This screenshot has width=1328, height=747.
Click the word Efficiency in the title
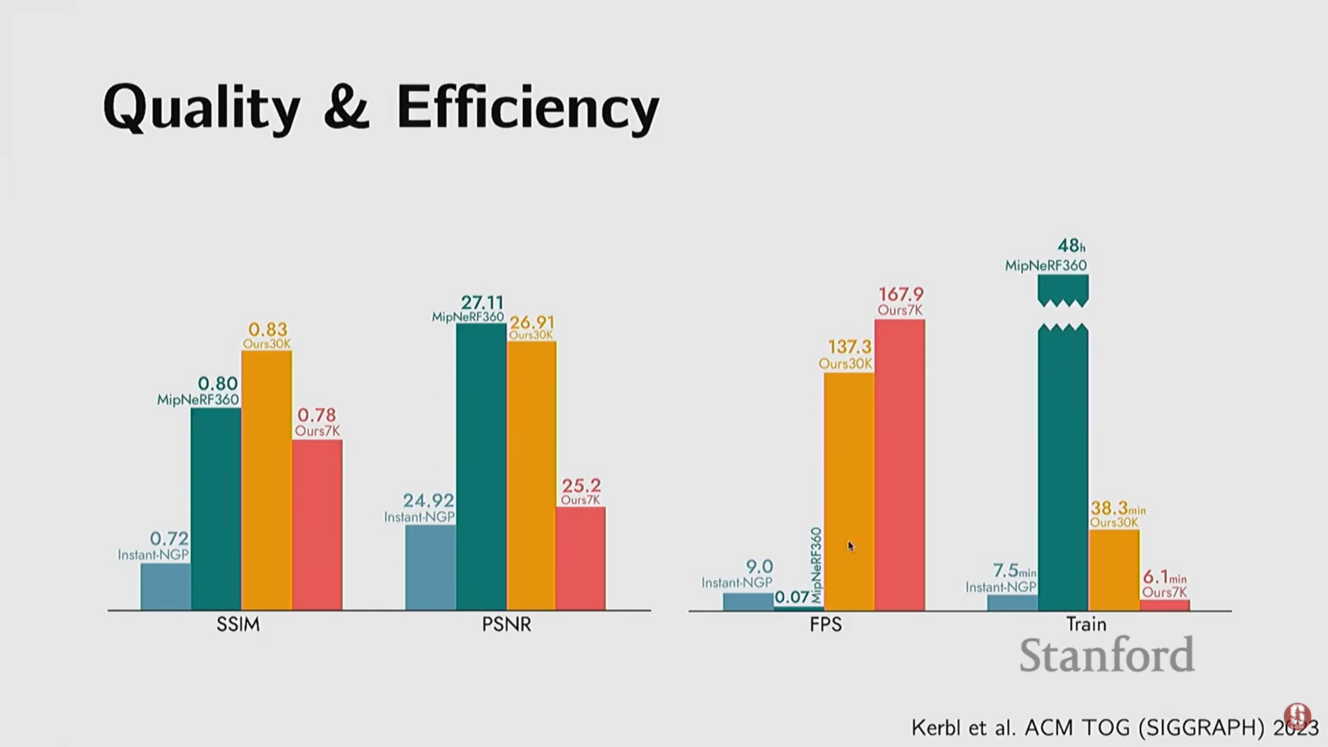(x=528, y=109)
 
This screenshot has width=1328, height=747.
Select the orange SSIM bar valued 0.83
(x=266, y=480)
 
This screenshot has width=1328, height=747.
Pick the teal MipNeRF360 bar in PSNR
(x=481, y=467)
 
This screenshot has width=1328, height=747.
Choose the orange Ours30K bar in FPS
(x=849, y=491)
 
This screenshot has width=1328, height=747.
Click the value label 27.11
(x=482, y=303)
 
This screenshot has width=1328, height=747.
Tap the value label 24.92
(x=428, y=500)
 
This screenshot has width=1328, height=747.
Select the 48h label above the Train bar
(x=1071, y=246)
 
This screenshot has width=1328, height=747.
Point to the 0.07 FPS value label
(x=792, y=597)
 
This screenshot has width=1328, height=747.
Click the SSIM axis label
(x=238, y=625)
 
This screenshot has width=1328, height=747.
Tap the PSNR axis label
(x=506, y=625)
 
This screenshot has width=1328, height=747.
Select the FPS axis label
(x=826, y=625)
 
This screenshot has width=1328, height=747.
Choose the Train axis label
(x=1086, y=625)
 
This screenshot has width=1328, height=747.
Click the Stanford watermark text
(x=1107, y=655)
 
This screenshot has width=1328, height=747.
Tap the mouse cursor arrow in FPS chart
(x=851, y=546)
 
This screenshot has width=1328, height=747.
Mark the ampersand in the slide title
(x=346, y=109)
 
